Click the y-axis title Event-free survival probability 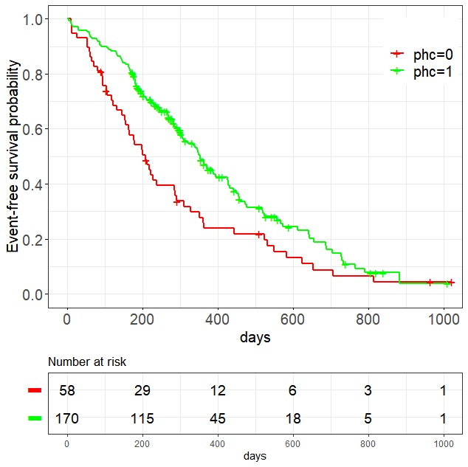(x=14, y=156)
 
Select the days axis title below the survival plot (x=255, y=338)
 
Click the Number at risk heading (x=87, y=362)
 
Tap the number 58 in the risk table (x=67, y=391)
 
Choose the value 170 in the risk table (x=67, y=418)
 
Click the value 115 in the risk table (x=142, y=418)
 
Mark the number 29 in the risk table (x=142, y=391)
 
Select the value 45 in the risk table (x=217, y=418)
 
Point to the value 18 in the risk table (x=292, y=418)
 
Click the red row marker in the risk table (x=35, y=391)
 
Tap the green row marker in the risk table (x=35, y=418)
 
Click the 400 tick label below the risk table (x=217, y=443)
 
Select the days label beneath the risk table (x=255, y=456)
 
